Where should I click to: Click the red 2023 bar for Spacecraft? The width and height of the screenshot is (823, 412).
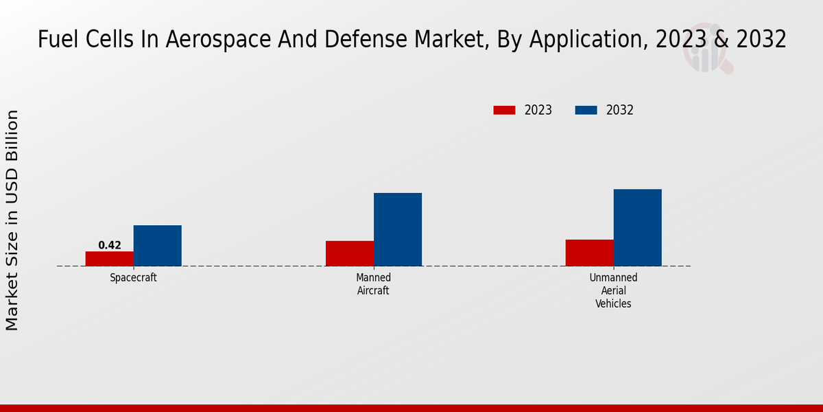pyautogui.click(x=109, y=259)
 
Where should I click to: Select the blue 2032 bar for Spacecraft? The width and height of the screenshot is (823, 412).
pyautogui.click(x=157, y=246)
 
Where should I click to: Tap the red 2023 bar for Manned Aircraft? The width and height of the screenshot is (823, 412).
pyautogui.click(x=349, y=253)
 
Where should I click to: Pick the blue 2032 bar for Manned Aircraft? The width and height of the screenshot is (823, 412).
pyautogui.click(x=397, y=229)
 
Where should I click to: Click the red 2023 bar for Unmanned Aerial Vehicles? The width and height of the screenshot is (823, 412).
pyautogui.click(x=589, y=253)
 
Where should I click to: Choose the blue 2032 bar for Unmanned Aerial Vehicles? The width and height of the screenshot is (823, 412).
pyautogui.click(x=637, y=227)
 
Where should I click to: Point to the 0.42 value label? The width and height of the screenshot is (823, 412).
pyautogui.click(x=110, y=245)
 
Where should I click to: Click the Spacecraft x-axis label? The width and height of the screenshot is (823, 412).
pyautogui.click(x=133, y=278)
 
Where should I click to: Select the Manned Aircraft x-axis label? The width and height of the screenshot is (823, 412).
pyautogui.click(x=373, y=284)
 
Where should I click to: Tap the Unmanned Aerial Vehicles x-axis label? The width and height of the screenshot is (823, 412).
pyautogui.click(x=613, y=290)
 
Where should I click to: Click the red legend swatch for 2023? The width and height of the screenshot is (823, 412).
pyautogui.click(x=504, y=110)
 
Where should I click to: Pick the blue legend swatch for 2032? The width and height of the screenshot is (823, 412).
pyautogui.click(x=586, y=110)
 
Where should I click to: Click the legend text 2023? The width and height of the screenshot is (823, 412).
pyautogui.click(x=538, y=110)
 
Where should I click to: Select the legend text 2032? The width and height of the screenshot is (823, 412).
pyautogui.click(x=619, y=110)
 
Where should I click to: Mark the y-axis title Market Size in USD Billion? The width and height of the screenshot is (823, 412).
pyautogui.click(x=12, y=220)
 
